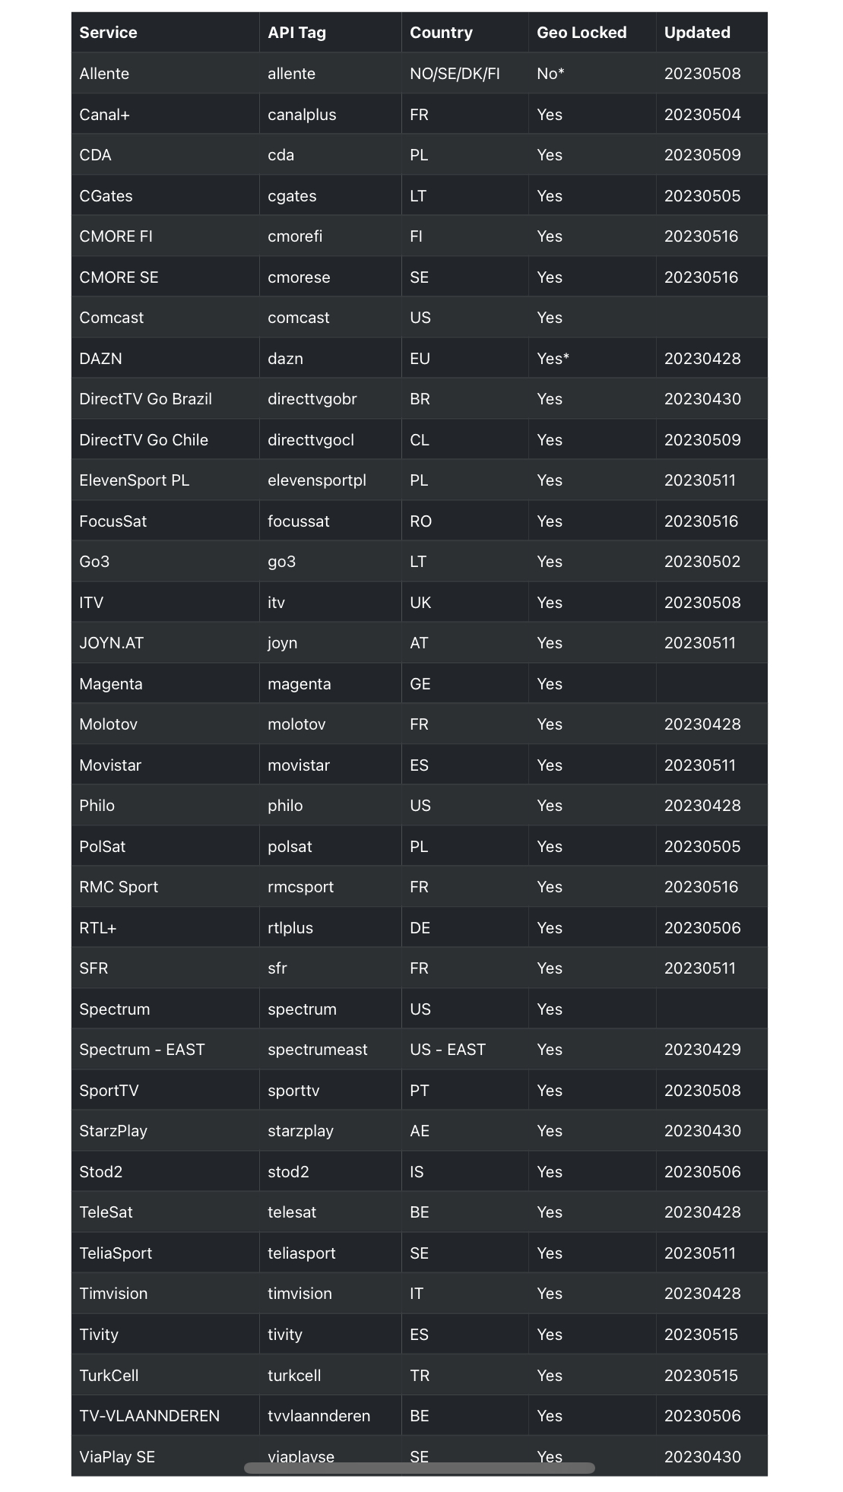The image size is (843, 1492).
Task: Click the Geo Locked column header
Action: (x=582, y=33)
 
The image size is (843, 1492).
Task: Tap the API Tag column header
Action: (x=296, y=33)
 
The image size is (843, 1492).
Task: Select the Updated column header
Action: (x=697, y=33)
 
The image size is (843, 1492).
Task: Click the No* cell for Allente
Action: (x=550, y=74)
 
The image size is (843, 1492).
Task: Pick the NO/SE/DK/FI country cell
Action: (x=455, y=74)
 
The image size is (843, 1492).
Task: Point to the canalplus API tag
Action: (x=302, y=115)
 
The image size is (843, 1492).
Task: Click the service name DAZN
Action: (x=100, y=359)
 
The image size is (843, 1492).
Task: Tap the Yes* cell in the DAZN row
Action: (x=553, y=359)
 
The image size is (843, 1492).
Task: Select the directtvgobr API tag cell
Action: (x=312, y=399)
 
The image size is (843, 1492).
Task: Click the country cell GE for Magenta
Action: (x=420, y=684)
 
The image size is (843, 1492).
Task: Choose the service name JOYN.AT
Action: (x=111, y=643)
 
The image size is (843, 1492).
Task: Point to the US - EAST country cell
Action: (x=448, y=1050)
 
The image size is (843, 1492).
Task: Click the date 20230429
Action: (x=702, y=1050)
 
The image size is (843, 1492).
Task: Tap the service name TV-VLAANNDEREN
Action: (x=149, y=1416)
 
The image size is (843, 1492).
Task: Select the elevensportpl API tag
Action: (x=317, y=480)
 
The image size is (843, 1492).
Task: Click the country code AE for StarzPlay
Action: (x=420, y=1131)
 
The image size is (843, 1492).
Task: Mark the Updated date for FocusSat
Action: (x=701, y=521)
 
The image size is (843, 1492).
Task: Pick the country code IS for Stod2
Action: (x=417, y=1172)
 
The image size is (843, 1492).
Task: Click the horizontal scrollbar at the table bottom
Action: (x=419, y=1468)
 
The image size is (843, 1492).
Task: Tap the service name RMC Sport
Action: (x=119, y=887)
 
